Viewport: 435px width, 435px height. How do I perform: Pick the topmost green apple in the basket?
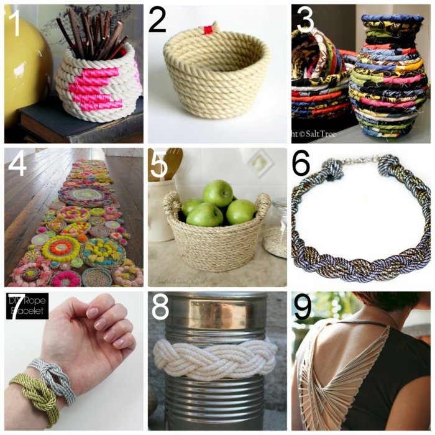(217, 193)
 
